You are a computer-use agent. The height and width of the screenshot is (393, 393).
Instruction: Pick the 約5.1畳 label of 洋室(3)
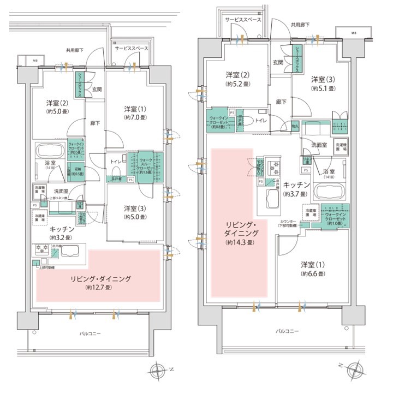pyautogui.click(x=322, y=88)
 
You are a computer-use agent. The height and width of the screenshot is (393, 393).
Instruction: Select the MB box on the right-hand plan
pyautogui.click(x=353, y=32)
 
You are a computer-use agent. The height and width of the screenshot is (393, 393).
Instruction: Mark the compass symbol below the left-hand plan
pyautogui.click(x=158, y=371)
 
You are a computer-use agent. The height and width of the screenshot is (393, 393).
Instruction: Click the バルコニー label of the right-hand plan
pyautogui.click(x=286, y=331)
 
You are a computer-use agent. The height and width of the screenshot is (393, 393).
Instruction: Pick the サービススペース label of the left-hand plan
pyautogui.click(x=131, y=48)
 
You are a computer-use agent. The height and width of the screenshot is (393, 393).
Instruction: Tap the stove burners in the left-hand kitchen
pyautogui.click(x=43, y=247)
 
